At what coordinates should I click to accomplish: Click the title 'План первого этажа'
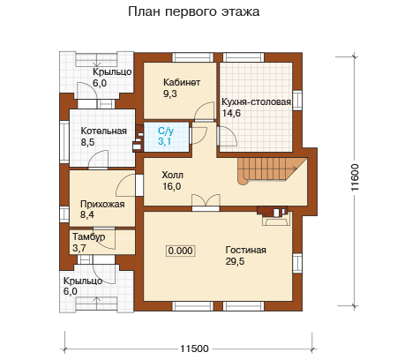194,12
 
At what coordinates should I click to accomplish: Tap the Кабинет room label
182,82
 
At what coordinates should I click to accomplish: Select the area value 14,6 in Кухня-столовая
231,113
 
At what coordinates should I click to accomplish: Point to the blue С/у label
166,131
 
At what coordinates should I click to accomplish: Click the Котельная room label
104,131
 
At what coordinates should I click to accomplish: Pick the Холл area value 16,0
172,186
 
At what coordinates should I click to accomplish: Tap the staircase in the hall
272,170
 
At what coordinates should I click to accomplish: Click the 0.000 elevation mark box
181,251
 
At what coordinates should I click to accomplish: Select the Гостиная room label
246,250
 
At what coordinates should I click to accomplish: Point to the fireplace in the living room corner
274,215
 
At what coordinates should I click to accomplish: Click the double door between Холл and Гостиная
206,202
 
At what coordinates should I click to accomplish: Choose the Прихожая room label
102,204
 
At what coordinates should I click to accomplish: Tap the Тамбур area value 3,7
79,248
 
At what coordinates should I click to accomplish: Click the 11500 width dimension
194,349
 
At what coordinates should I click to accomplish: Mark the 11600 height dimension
355,177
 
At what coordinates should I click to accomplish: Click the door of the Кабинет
205,112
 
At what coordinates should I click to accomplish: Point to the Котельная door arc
98,160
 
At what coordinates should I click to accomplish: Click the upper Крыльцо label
112,72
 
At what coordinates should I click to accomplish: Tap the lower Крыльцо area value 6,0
71,291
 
